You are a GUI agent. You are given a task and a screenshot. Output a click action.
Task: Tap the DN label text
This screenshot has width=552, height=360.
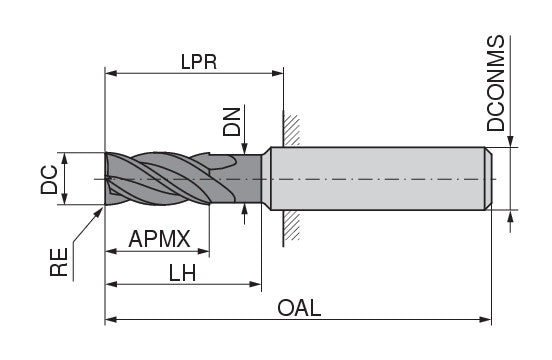tap(232, 121)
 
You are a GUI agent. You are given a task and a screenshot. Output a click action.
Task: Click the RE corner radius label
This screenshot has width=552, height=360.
tap(60, 261)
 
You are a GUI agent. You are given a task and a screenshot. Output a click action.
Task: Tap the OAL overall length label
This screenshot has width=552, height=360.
tap(299, 308)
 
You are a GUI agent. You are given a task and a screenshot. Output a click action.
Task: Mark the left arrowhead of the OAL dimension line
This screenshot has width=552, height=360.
tap(110, 321)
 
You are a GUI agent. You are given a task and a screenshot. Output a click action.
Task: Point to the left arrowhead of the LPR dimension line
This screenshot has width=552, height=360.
tap(111, 72)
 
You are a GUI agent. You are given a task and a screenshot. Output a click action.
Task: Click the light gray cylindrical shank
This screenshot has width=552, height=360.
tap(380, 179)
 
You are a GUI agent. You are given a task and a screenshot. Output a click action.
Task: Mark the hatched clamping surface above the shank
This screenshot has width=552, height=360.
tap(292, 129)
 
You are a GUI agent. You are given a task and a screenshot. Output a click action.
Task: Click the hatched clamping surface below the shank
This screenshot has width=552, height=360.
tap(292, 229)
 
